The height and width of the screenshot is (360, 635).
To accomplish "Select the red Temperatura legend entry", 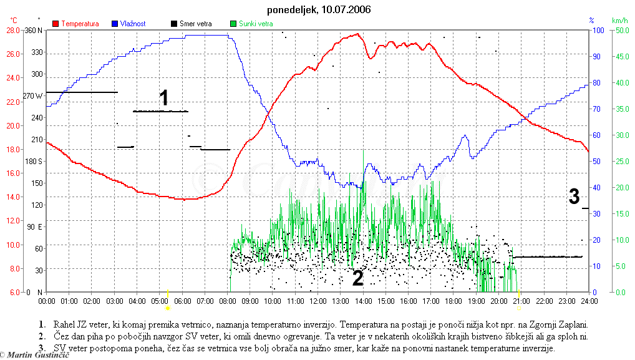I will click(75, 24).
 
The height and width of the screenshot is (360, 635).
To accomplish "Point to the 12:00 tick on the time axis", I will click(318, 301).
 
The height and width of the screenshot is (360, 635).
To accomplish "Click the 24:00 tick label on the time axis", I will click(589, 301).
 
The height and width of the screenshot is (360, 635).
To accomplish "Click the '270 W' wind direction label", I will click(33, 96).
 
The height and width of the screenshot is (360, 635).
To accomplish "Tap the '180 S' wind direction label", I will click(33, 162).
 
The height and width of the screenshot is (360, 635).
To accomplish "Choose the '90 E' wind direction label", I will click(35, 227).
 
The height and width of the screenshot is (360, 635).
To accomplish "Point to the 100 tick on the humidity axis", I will click(597, 30).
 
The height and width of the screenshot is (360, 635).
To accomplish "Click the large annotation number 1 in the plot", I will click(163, 98).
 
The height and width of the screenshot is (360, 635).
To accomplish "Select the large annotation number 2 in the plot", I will click(357, 278).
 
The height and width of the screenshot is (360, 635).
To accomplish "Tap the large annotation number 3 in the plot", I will click(574, 197).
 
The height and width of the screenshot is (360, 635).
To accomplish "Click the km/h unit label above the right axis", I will click(619, 21).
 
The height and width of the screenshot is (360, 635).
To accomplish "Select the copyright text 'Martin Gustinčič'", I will click(37, 354).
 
